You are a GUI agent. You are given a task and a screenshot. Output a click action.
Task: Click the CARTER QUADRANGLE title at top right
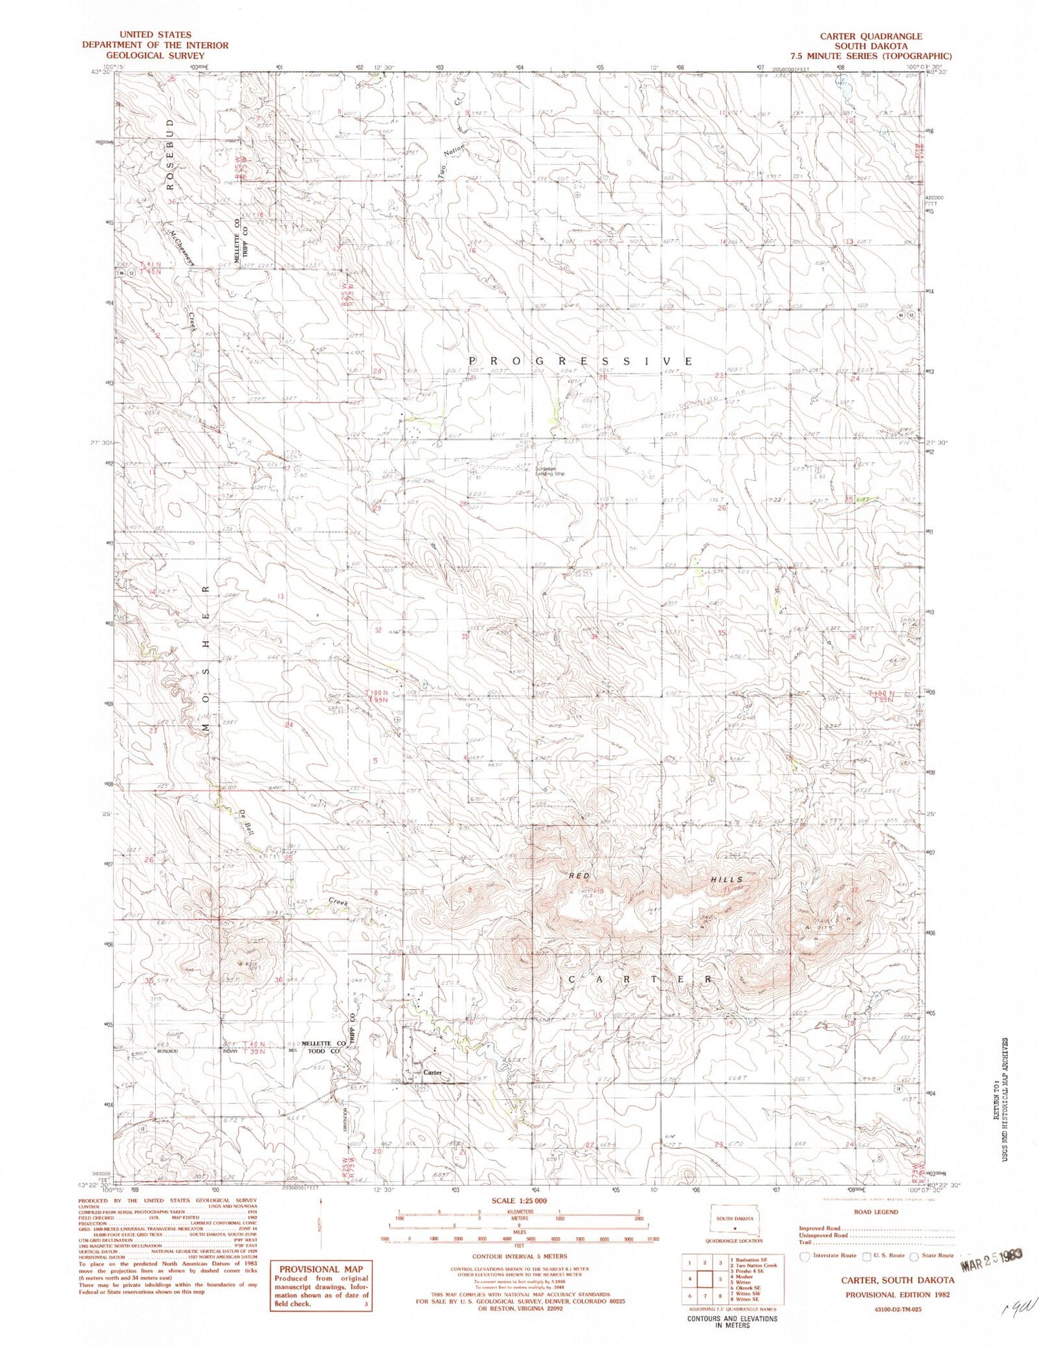(x=871, y=36)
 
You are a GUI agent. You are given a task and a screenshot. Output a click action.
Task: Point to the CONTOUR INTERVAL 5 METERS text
(x=519, y=1256)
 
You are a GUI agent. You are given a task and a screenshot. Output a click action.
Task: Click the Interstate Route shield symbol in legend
(x=804, y=1256)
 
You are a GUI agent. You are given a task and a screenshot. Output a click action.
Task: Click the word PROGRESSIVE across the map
(x=580, y=361)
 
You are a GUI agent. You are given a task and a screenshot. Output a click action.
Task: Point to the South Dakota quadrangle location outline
(x=734, y=1220)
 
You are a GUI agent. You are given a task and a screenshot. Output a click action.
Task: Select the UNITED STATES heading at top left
(x=155, y=35)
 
